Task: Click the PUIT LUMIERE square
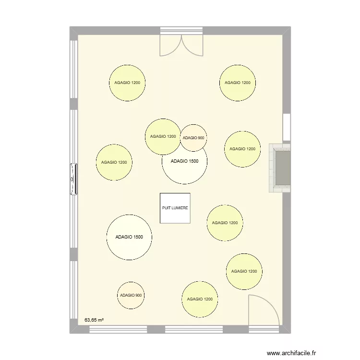pyautogui.click(x=175, y=208)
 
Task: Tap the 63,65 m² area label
pyautogui.click(x=95, y=319)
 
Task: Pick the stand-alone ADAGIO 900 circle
pyautogui.click(x=131, y=295)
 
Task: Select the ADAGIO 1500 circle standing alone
pyautogui.click(x=129, y=237)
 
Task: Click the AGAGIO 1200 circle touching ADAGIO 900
pyautogui.click(x=163, y=137)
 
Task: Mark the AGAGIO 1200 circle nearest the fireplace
pyautogui.click(x=243, y=149)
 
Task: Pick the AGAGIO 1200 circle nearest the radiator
pyautogui.click(x=114, y=163)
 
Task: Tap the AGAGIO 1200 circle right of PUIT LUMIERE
pyautogui.click(x=225, y=223)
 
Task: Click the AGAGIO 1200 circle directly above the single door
pyautogui.click(x=244, y=271)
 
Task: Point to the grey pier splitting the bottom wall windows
pyautogui.click(x=156, y=329)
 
